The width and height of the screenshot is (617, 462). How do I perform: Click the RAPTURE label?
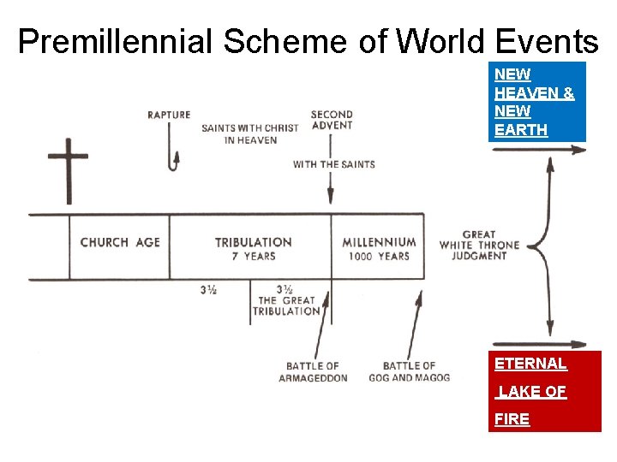pyautogui.click(x=169, y=115)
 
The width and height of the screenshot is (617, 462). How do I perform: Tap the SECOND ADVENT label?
pyautogui.click(x=332, y=121)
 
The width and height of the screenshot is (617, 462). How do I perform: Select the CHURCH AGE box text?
pyautogui.click(x=120, y=242)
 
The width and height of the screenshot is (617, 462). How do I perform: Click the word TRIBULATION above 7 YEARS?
pyautogui.click(x=253, y=242)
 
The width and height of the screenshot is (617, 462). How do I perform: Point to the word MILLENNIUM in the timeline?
pyautogui.click(x=379, y=242)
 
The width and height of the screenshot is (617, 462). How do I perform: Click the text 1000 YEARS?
pyautogui.click(x=379, y=257)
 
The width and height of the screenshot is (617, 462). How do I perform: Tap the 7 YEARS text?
pyautogui.click(x=253, y=257)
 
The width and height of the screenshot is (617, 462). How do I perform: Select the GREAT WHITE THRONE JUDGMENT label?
pyautogui.click(x=479, y=245)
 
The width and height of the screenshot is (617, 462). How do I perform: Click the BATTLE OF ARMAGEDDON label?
pyautogui.click(x=313, y=372)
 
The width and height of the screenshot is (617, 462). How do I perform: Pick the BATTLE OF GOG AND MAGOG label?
pyautogui.click(x=409, y=372)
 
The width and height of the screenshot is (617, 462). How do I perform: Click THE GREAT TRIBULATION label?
pyautogui.click(x=287, y=305)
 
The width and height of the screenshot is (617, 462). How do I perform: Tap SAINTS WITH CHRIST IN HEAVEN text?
pyautogui.click(x=250, y=134)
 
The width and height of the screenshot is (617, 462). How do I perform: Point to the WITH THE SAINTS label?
pyautogui.click(x=333, y=164)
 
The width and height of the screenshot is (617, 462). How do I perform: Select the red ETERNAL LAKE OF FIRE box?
pyautogui.click(x=544, y=391)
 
